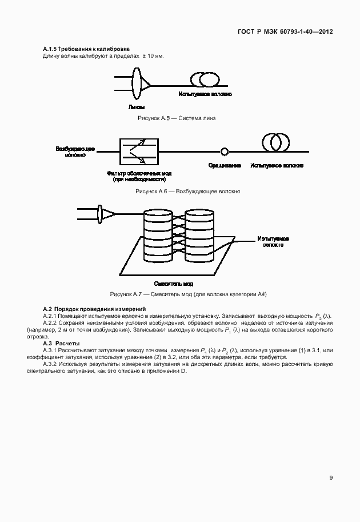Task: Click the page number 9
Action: [x=331, y=478]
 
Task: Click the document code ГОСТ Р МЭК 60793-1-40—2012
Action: [x=285, y=31]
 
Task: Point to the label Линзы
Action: [x=137, y=107]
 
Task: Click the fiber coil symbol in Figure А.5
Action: [x=205, y=79]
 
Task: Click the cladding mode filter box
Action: [x=139, y=152]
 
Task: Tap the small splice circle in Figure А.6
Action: [x=225, y=152]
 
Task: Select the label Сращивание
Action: [x=225, y=165]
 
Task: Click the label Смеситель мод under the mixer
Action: [x=174, y=284]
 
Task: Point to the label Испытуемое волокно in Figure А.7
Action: [x=273, y=241]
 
